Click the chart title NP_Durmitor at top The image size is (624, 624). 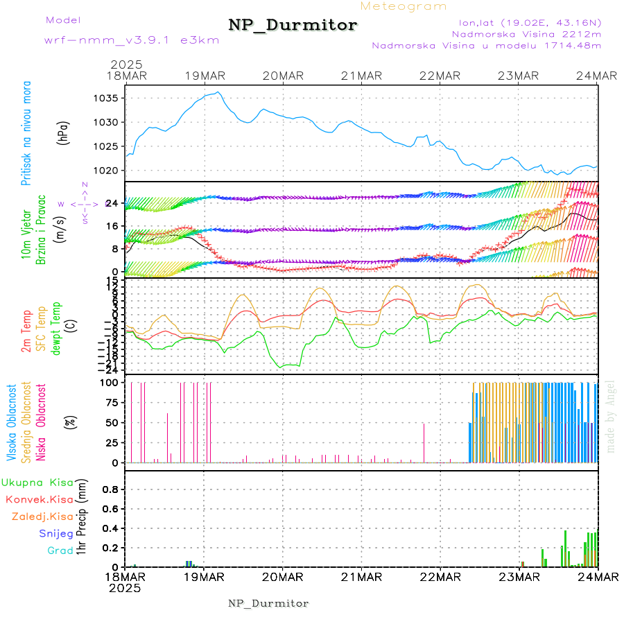tap(293, 26)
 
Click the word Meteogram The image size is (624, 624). tap(404, 6)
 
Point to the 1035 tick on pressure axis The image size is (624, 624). tap(107, 98)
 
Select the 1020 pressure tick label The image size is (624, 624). tap(107, 171)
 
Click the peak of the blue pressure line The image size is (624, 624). tap(218, 92)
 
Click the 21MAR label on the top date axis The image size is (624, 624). tap(361, 76)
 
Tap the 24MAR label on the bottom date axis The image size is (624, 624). tap(598, 577)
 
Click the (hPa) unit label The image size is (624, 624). tap(64, 133)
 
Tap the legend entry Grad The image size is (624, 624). tap(60, 551)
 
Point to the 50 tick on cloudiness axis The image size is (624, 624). tap(111, 422)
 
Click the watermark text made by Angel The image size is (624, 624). tap(611, 416)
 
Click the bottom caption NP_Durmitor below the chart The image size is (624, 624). tap(268, 603)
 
